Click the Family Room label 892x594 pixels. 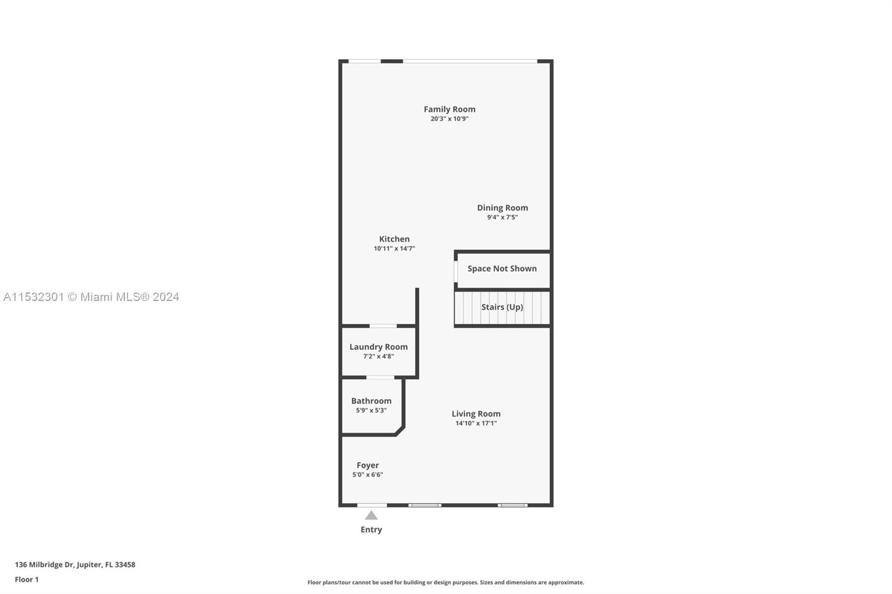(449, 109)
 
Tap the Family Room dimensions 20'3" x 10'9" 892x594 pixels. (449, 119)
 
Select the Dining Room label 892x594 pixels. (502, 208)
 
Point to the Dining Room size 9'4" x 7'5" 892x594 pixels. (502, 217)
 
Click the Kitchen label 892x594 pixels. (394, 239)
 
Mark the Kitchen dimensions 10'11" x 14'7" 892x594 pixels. (394, 249)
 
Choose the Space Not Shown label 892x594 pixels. (502, 269)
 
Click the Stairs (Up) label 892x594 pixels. (502, 307)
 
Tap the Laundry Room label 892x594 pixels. (379, 347)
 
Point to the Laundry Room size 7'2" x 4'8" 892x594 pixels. (379, 356)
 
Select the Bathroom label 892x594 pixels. (371, 401)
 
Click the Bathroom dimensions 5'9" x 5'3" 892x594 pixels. (371, 411)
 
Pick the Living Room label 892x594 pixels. (476, 414)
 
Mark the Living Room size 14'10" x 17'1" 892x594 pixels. (476, 423)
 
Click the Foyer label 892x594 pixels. (367, 465)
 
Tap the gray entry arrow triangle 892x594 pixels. (371, 516)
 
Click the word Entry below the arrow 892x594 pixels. (371, 529)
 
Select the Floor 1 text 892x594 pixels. (27, 580)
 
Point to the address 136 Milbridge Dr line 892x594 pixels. (75, 564)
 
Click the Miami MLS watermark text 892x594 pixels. (91, 297)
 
